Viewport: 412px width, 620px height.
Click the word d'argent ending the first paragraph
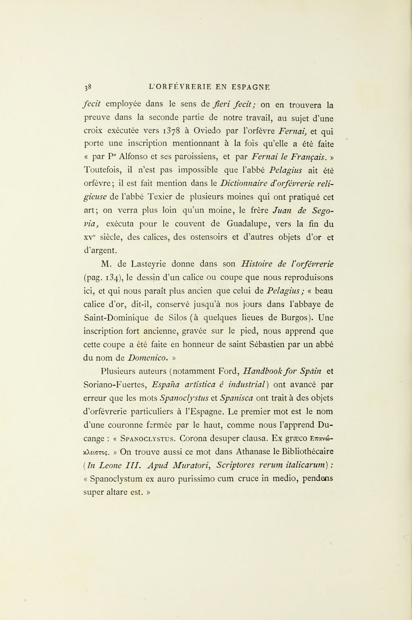tap(100, 251)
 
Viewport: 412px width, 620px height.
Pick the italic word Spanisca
tap(236, 398)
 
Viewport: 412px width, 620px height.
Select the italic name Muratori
tap(192, 465)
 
